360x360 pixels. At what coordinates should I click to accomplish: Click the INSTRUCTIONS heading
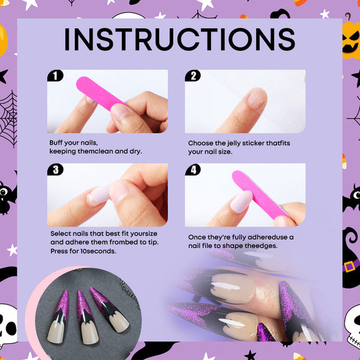180,39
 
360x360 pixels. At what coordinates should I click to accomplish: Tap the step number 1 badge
55,76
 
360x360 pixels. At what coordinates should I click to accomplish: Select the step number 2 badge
193,76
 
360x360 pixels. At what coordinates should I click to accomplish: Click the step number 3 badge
55,169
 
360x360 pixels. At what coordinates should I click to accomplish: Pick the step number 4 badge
193,169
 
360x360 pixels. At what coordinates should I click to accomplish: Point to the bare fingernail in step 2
257,99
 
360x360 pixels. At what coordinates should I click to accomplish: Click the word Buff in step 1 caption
55,143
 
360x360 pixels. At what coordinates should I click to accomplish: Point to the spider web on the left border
8,119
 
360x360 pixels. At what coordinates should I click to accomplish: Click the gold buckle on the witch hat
349,266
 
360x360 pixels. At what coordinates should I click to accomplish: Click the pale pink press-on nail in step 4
241,202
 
